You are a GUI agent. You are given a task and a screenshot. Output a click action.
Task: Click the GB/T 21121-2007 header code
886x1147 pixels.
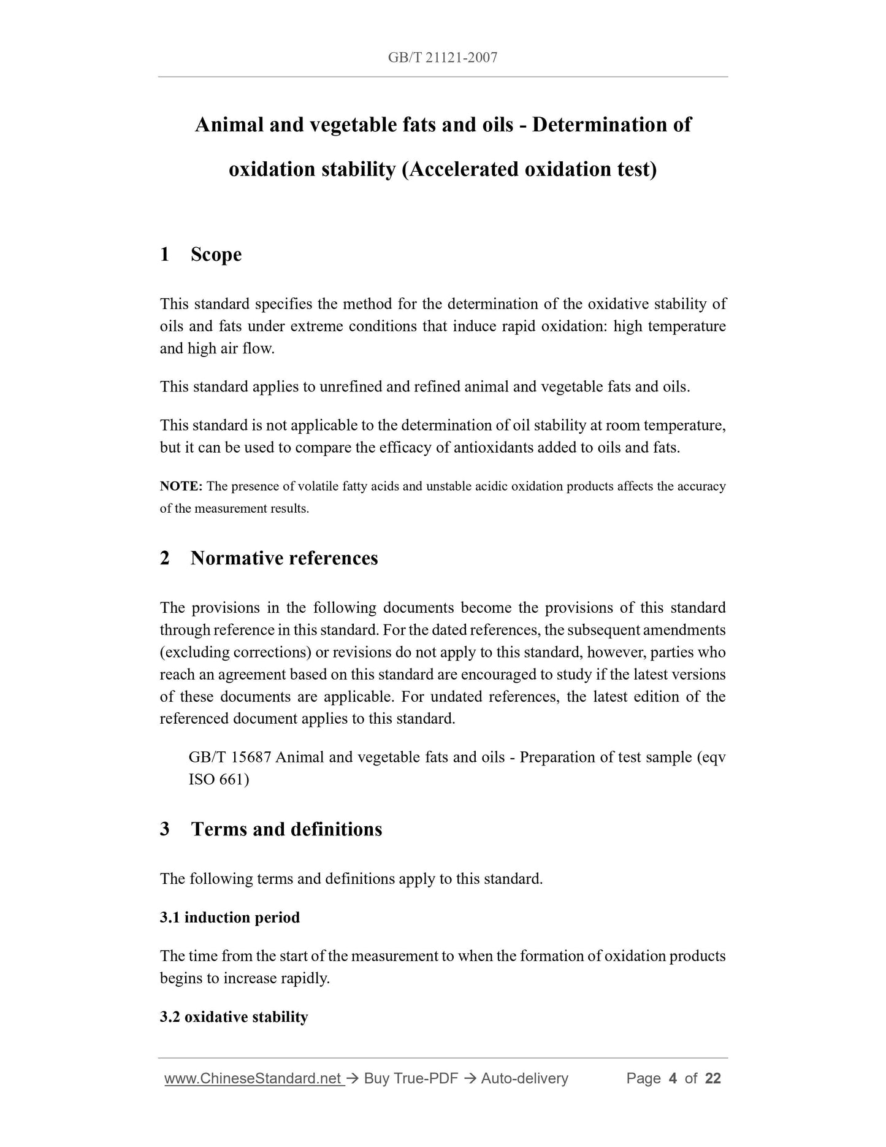(443, 58)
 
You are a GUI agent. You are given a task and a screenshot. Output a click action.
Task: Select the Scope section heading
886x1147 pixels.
(216, 254)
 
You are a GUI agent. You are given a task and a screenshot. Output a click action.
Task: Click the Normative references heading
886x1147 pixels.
(284, 558)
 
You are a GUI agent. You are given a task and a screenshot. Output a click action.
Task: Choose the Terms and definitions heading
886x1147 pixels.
(286, 829)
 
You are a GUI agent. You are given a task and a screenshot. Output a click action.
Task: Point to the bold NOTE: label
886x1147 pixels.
(181, 486)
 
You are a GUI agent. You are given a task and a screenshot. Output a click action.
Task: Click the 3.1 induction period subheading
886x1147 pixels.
(230, 918)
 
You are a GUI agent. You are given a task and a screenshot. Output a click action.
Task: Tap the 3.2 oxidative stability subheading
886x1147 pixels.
(234, 1017)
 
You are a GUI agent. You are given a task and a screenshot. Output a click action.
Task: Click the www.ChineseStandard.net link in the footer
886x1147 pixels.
(253, 1078)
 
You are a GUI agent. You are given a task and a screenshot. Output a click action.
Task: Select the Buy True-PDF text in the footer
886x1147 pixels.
(411, 1078)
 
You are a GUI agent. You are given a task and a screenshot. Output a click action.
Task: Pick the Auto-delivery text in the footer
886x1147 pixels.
(524, 1078)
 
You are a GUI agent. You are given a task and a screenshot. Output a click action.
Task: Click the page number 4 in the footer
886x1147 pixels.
(673, 1078)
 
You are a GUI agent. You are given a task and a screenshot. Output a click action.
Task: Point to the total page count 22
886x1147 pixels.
(713, 1078)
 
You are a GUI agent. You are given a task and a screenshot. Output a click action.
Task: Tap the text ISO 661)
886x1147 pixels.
(219, 780)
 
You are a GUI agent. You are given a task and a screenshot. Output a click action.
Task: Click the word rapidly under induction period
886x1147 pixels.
(307, 978)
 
